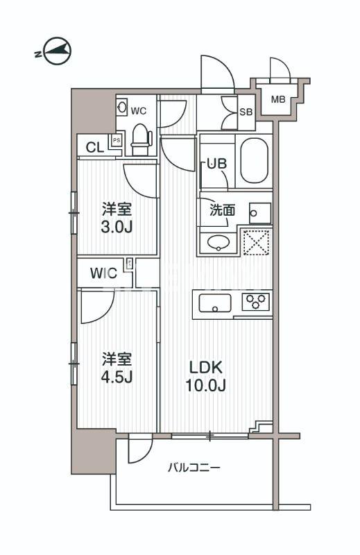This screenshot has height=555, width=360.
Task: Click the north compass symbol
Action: pos(53,51)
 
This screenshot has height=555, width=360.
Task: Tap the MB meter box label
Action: pos(277,100)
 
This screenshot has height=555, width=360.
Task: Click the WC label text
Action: pos(139,110)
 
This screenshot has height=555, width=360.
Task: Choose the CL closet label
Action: pos(94,146)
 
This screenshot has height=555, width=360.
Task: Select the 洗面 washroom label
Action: pos(222,210)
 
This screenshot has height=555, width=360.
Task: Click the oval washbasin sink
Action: pos(218,242)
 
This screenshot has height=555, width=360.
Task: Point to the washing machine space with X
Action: pos(256,241)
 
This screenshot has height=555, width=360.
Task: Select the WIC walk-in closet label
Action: pos(102,273)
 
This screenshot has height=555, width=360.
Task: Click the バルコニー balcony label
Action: pos(194,468)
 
